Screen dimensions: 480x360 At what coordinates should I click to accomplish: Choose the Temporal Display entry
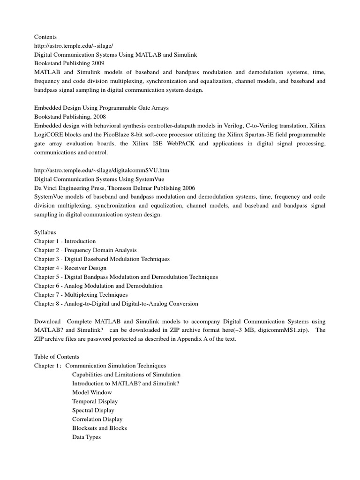[x=95, y=401]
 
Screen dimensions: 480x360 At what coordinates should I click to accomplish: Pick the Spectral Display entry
[x=93, y=410]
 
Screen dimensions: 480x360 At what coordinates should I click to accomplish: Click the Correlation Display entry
[x=97, y=419]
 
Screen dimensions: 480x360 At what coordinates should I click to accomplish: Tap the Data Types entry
[x=86, y=437]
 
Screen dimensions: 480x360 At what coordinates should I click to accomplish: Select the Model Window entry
[x=92, y=392]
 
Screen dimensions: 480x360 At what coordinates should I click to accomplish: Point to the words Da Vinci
[x=45, y=188]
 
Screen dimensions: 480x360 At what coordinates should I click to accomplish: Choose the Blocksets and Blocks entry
[x=99, y=428]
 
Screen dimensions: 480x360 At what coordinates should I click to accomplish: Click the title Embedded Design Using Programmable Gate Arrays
[x=101, y=108]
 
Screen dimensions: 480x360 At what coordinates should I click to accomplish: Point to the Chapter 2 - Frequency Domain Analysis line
[x=85, y=250]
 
